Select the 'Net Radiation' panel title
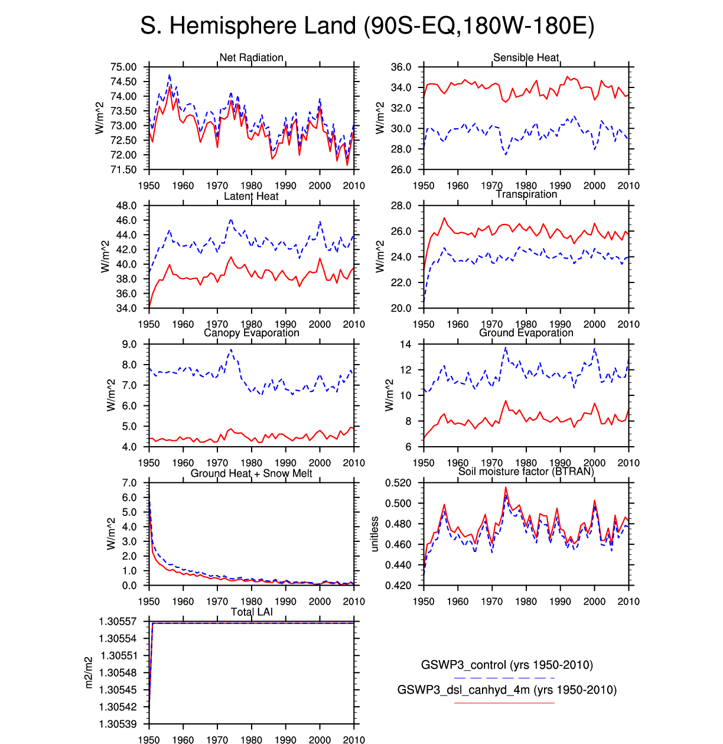point(252,57)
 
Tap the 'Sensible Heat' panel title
point(526,57)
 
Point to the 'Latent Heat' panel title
point(251,196)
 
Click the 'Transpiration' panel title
point(526,194)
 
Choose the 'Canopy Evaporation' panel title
point(252,333)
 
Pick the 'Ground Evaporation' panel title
point(526,333)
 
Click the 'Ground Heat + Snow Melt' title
point(251,473)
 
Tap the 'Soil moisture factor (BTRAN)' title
point(526,471)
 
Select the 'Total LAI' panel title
point(252,612)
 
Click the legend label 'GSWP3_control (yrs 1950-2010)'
point(507,665)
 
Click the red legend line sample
point(504,703)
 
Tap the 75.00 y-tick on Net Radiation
point(123,67)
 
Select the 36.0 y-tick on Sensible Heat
point(401,67)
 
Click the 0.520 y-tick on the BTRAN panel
point(398,483)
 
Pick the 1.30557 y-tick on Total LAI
point(118,622)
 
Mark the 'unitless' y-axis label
point(374,534)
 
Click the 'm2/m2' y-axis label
point(89,672)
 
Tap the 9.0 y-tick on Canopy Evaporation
point(129,345)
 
